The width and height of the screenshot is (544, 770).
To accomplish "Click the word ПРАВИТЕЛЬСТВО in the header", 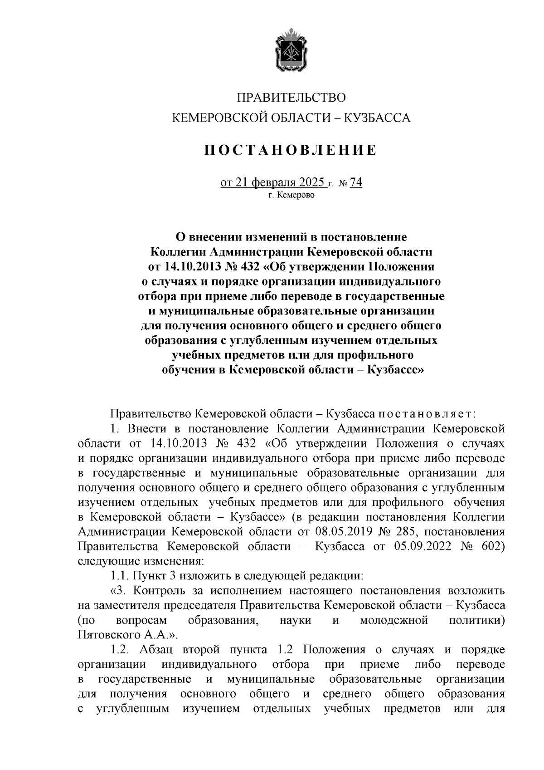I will [291, 98].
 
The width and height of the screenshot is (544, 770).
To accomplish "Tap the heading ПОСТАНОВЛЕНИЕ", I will [290, 150].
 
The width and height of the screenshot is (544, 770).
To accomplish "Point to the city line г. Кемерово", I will [291, 196].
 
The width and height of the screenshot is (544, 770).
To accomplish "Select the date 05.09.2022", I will [423, 546].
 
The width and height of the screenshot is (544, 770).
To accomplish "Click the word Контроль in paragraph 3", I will [160, 591].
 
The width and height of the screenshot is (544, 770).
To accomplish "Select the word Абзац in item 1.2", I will [157, 650].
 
